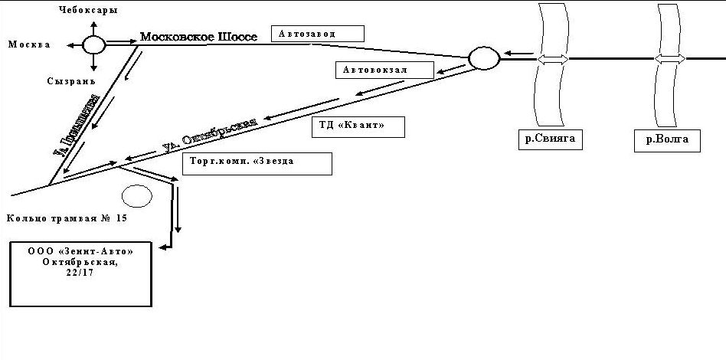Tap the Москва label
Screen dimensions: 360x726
29,44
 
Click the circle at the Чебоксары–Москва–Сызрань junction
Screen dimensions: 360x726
93,44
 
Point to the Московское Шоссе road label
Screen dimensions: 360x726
198,37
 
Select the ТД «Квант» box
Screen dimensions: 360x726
357,126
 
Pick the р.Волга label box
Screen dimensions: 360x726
667,140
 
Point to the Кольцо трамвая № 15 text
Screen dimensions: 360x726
67,219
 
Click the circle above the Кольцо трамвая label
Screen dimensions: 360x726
137,196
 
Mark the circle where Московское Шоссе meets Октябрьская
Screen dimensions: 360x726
483,57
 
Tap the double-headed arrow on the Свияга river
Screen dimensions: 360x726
552,59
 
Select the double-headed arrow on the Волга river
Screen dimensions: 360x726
670,59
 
